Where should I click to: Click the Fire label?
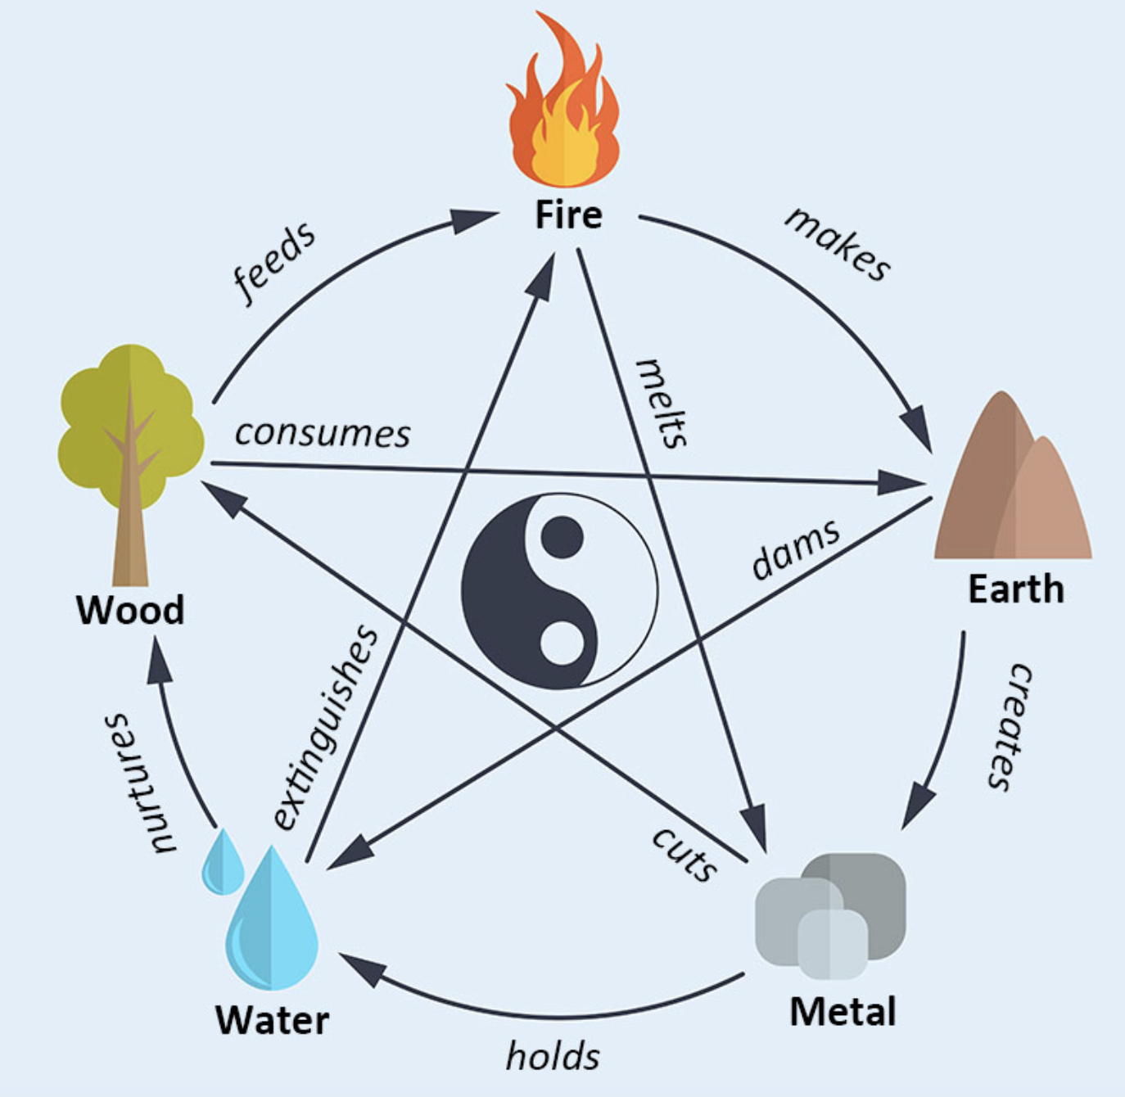(568, 214)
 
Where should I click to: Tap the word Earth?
(1015, 589)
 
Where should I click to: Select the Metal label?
(843, 1012)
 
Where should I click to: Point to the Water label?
(272, 1020)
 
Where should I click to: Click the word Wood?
(130, 610)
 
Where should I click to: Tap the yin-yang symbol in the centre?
(559, 590)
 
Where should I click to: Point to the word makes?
(838, 243)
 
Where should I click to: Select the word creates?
(1008, 726)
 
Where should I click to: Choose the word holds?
(553, 1056)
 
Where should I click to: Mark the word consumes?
(323, 434)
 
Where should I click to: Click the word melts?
(662, 402)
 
